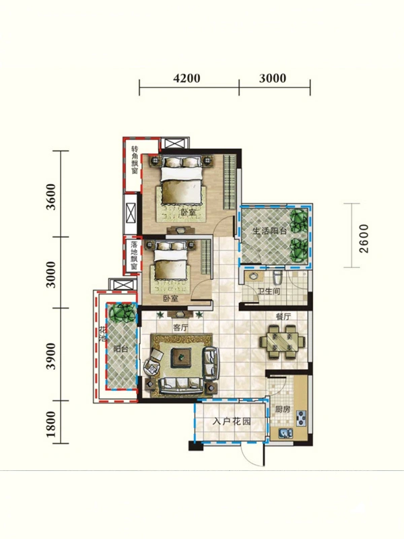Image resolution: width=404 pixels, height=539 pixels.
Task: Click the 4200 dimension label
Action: click(187, 78)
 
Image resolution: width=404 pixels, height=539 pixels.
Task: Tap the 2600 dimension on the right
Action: click(364, 239)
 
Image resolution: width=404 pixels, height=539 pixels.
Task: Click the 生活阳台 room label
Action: click(270, 230)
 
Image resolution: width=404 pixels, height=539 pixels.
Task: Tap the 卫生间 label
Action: click(269, 292)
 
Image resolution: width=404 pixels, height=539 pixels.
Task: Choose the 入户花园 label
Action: click(232, 421)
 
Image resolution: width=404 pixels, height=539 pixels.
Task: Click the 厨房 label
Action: click(283, 410)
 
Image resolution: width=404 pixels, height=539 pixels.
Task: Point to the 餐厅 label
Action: click(283, 317)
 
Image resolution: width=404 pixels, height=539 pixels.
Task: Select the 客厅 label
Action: click(180, 327)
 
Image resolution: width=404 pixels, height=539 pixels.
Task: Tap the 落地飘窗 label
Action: click(134, 255)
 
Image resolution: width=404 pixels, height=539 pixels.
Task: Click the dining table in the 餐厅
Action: click(282, 342)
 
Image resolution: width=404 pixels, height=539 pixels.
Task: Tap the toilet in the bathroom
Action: click(277, 278)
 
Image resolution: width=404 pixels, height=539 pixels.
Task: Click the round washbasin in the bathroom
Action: click(254, 276)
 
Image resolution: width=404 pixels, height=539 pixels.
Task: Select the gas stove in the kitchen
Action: click(301, 418)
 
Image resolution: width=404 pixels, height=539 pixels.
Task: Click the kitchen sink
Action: click(285, 433)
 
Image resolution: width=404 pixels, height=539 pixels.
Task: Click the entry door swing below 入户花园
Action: click(252, 454)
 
